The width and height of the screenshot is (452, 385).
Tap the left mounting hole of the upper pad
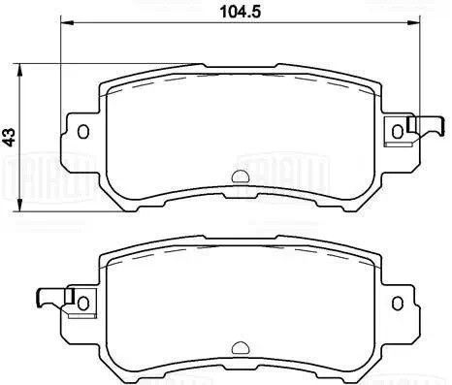[x=83, y=132]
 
